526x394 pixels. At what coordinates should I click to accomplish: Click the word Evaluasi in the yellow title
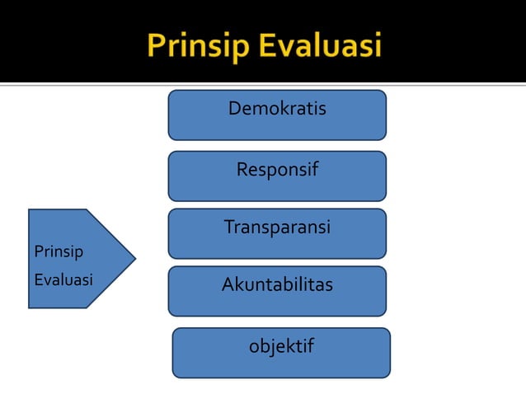pyautogui.click(x=320, y=45)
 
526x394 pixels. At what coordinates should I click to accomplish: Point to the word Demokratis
pyautogui.click(x=277, y=109)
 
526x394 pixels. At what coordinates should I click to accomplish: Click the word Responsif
pyautogui.click(x=277, y=171)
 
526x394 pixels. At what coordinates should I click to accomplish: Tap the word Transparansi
pyautogui.click(x=277, y=227)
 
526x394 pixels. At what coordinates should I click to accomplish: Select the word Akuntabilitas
pyautogui.click(x=277, y=285)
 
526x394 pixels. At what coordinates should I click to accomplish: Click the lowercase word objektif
pyautogui.click(x=281, y=346)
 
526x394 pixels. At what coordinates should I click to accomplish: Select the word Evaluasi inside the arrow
pyautogui.click(x=63, y=279)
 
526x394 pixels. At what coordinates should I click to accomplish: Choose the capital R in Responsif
pyautogui.click(x=242, y=171)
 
